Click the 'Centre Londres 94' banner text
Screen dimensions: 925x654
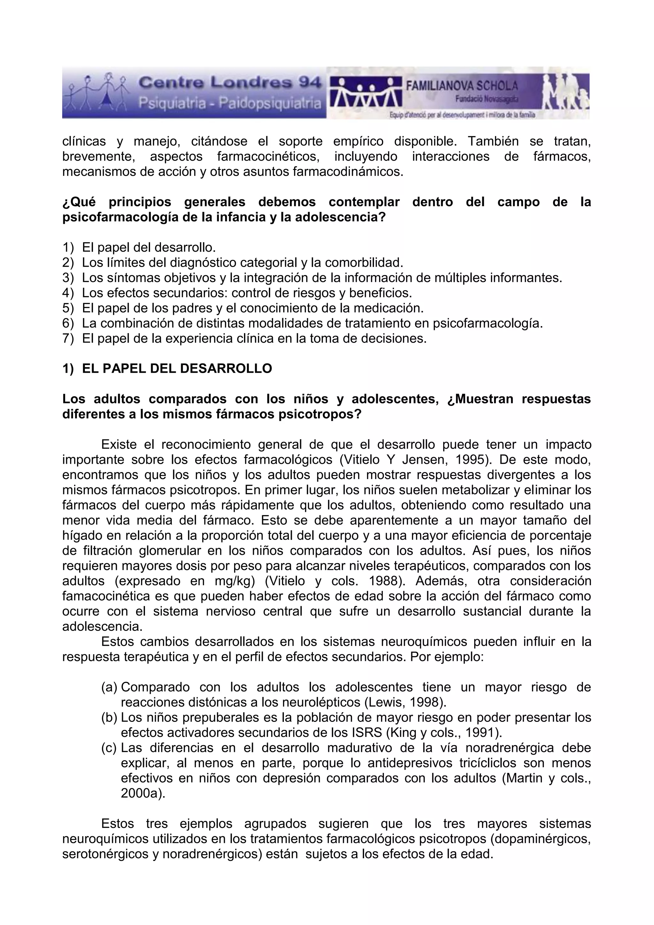click(x=230, y=83)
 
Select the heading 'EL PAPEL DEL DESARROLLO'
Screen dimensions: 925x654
click(x=177, y=369)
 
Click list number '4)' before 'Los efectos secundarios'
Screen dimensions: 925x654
click(x=68, y=293)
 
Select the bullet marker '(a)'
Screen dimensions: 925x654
click(x=109, y=687)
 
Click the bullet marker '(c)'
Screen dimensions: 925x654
click(x=109, y=748)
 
